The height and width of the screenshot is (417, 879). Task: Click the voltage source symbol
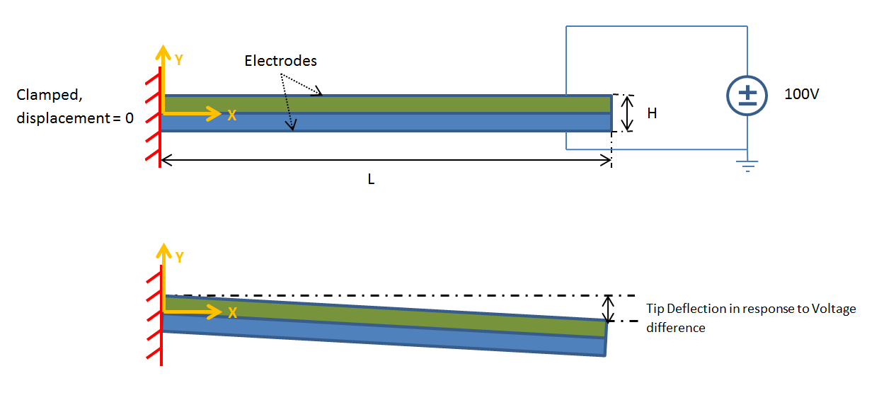click(747, 95)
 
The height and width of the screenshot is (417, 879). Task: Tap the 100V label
click(801, 94)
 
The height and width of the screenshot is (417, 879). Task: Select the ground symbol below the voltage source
click(747, 166)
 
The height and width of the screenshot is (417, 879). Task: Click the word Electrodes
click(280, 61)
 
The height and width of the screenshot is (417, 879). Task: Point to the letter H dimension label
click(652, 113)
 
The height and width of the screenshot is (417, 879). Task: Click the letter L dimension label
click(371, 180)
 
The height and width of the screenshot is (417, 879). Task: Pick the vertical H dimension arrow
click(625, 113)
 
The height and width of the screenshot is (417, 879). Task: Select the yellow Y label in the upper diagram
click(179, 60)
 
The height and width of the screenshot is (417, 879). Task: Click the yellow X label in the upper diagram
click(231, 115)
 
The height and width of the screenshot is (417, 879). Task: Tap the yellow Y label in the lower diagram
click(179, 257)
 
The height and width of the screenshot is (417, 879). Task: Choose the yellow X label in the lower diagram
click(231, 312)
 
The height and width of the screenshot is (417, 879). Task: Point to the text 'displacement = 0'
click(75, 118)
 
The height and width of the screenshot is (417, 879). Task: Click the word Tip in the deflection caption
click(655, 309)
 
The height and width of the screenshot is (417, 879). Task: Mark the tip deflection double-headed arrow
click(607, 308)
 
